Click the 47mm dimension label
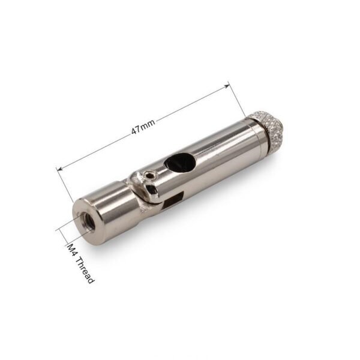click(143, 127)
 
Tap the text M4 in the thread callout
click(71, 250)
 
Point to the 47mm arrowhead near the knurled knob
click(227, 86)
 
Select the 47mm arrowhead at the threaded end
click(59, 169)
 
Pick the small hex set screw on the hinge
click(149, 175)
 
